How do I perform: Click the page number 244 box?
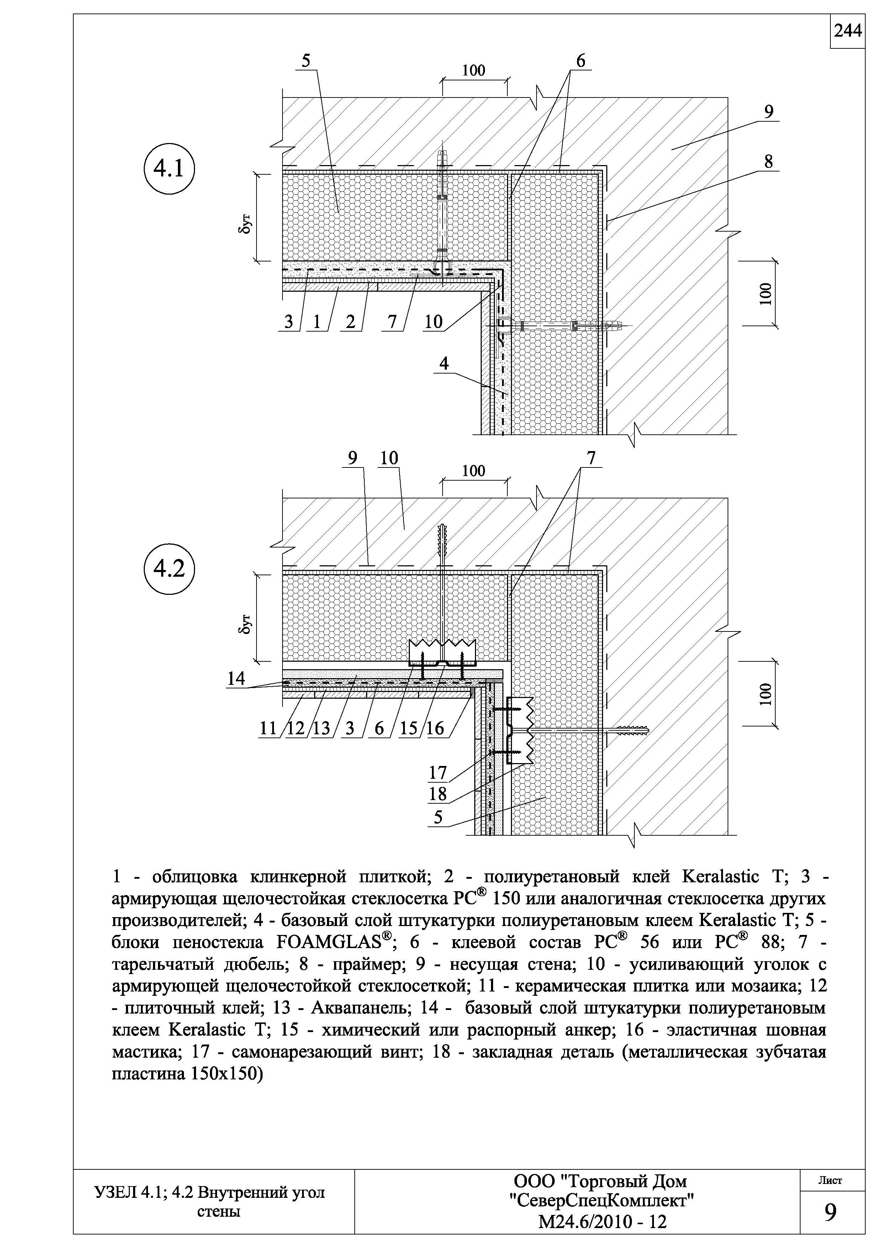pos(847,32)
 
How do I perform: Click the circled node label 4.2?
pos(169,569)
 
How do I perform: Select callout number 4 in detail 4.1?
pos(444,363)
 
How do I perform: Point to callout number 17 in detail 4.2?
pos(438,772)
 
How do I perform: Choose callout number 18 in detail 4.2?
pos(438,794)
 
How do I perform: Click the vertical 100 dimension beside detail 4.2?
pos(766,694)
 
